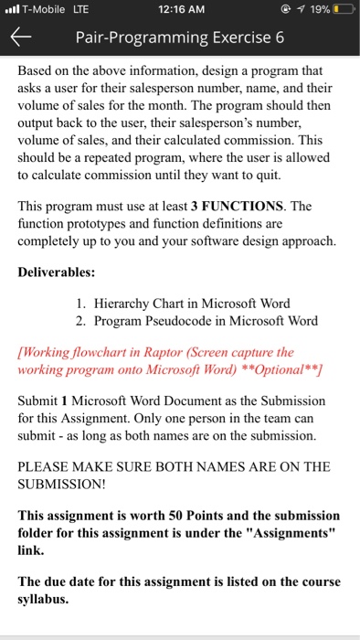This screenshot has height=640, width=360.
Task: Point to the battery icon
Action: click(343, 11)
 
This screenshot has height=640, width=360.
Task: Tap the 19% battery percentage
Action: click(316, 11)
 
